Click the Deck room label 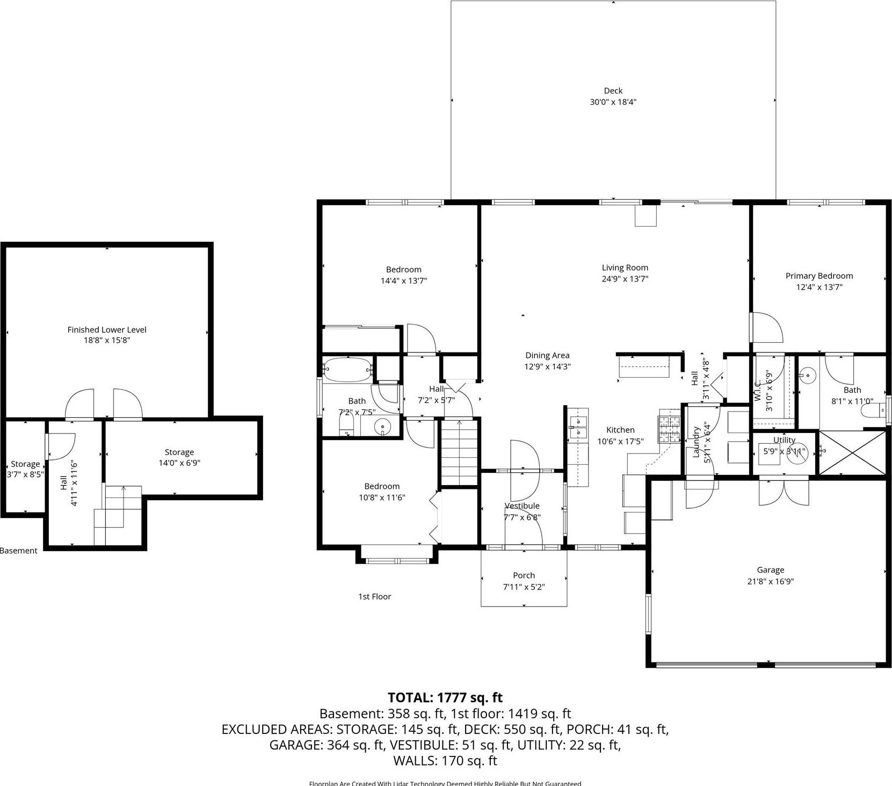[x=613, y=91]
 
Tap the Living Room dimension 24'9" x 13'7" [x=625, y=279]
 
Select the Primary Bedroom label [x=818, y=276]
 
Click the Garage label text [x=770, y=570]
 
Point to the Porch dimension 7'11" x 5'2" [x=524, y=587]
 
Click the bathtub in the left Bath [x=347, y=369]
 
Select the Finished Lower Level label [x=106, y=329]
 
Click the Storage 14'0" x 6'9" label [x=179, y=457]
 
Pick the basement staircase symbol [x=118, y=514]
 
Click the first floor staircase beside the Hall [x=459, y=453]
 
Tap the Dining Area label [x=547, y=355]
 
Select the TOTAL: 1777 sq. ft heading [x=445, y=697]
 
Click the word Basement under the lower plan [x=19, y=551]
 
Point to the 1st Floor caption [x=374, y=596]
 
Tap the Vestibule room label [x=521, y=506]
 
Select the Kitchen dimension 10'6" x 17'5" [x=620, y=441]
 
